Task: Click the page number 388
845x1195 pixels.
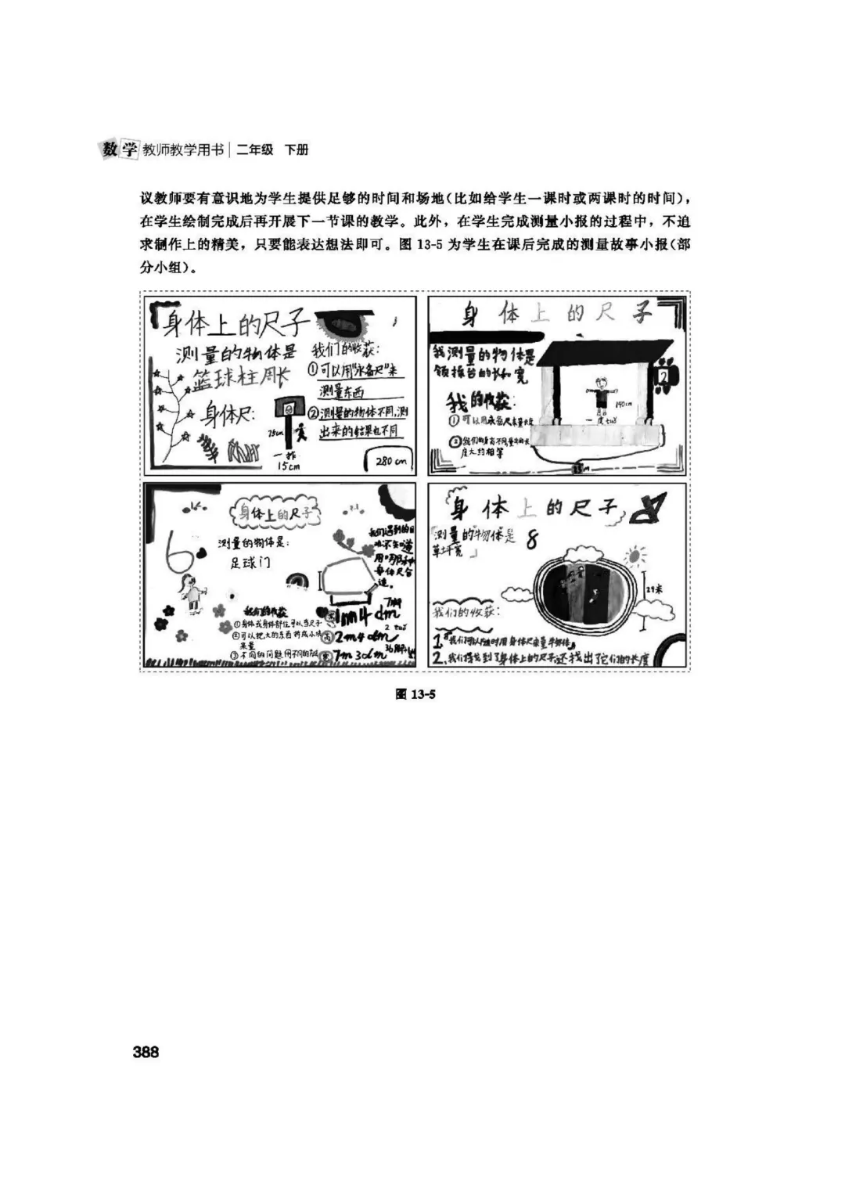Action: coord(146,1052)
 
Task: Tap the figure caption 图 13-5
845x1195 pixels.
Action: coord(415,693)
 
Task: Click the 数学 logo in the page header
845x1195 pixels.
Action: coord(120,149)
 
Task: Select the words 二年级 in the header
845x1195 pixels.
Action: coord(255,149)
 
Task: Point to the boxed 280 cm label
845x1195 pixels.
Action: coord(390,461)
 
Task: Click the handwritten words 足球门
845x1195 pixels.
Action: coord(250,563)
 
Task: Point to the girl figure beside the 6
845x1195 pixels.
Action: coord(189,592)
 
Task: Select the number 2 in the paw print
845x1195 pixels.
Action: coord(663,377)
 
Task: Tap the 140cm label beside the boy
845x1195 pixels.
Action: coord(623,405)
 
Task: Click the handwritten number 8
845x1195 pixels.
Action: coord(533,539)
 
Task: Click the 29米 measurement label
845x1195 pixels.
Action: coord(653,589)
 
